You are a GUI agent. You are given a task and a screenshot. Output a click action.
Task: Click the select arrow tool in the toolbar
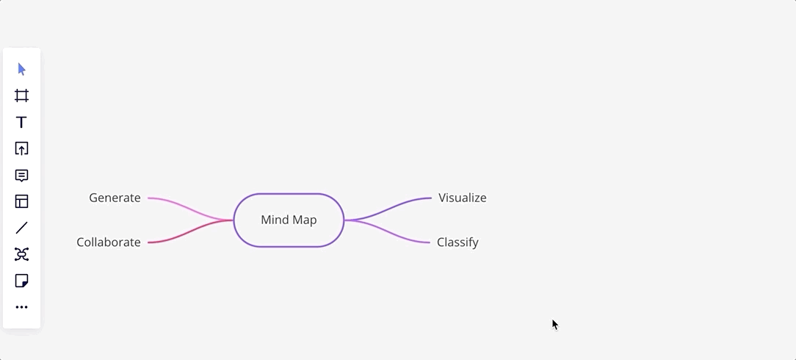click(21, 69)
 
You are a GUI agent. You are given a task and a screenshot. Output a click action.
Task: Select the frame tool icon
click(21, 96)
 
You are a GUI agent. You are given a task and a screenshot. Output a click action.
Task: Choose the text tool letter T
click(21, 122)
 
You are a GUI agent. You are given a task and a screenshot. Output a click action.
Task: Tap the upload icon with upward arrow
click(21, 148)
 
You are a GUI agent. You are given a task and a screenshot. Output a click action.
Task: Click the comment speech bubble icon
click(21, 176)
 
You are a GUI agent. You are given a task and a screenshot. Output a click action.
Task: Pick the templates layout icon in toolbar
click(21, 201)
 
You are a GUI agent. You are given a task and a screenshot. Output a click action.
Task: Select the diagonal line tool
click(21, 228)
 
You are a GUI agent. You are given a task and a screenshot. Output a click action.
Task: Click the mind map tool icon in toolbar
click(21, 254)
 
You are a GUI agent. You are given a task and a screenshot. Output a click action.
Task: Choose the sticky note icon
click(21, 281)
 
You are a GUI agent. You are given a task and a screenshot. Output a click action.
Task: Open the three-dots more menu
click(21, 307)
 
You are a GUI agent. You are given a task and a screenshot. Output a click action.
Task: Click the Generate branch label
click(115, 198)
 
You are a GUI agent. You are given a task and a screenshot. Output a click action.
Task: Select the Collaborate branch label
click(109, 242)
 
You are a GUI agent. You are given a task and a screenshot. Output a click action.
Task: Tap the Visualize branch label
click(463, 198)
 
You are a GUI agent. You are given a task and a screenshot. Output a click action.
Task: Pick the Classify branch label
click(457, 242)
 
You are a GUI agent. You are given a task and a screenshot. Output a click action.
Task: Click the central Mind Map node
click(289, 220)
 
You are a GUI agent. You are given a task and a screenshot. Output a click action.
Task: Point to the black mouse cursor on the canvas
click(555, 325)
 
